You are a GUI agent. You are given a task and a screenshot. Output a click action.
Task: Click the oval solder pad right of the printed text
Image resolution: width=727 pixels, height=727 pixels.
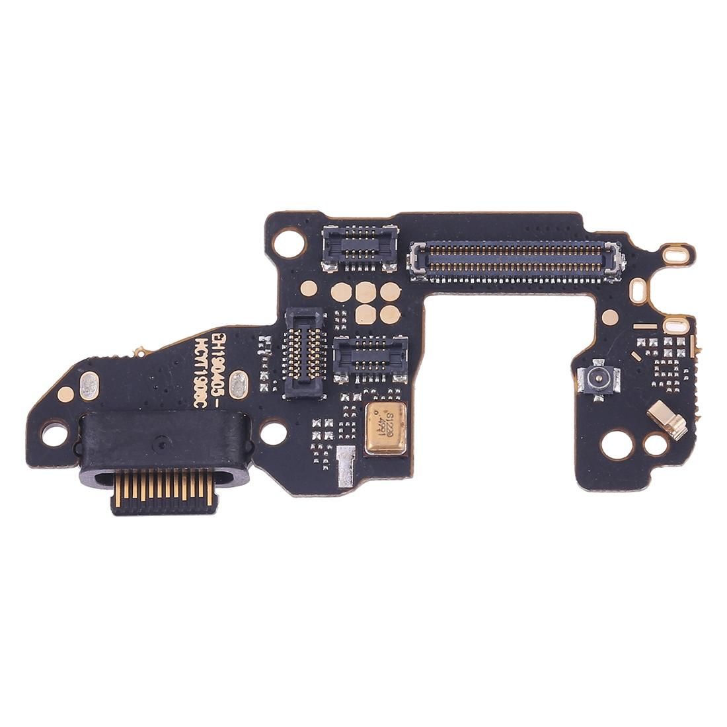[241, 381]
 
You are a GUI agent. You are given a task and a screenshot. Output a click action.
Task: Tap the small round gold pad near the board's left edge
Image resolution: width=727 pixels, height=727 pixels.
[64, 395]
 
